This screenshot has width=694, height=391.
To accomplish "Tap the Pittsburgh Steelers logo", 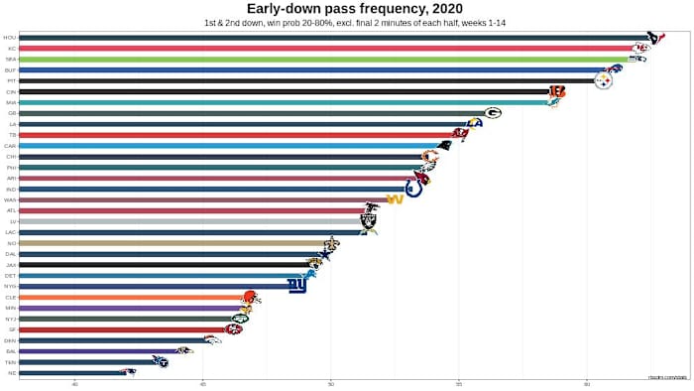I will [603, 81].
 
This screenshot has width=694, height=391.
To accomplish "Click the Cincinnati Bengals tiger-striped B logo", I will [557, 91].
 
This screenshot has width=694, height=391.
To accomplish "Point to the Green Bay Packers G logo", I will [493, 113].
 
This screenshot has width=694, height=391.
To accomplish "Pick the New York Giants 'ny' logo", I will [296, 286].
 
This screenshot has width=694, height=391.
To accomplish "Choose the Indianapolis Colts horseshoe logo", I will [413, 189].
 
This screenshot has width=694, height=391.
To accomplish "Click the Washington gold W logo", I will [394, 199].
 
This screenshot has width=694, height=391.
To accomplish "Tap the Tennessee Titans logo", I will [162, 361].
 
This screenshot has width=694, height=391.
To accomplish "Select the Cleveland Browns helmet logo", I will [250, 296].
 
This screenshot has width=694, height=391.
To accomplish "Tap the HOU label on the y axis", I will [10, 38].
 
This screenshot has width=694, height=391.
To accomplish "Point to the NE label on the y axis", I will [11, 372].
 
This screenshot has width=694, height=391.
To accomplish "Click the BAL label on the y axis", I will [10, 350].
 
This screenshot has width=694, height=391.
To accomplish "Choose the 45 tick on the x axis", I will [202, 382].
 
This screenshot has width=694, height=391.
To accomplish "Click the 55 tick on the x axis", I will [458, 382].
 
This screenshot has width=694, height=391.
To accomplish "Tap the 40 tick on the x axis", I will [75, 382].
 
